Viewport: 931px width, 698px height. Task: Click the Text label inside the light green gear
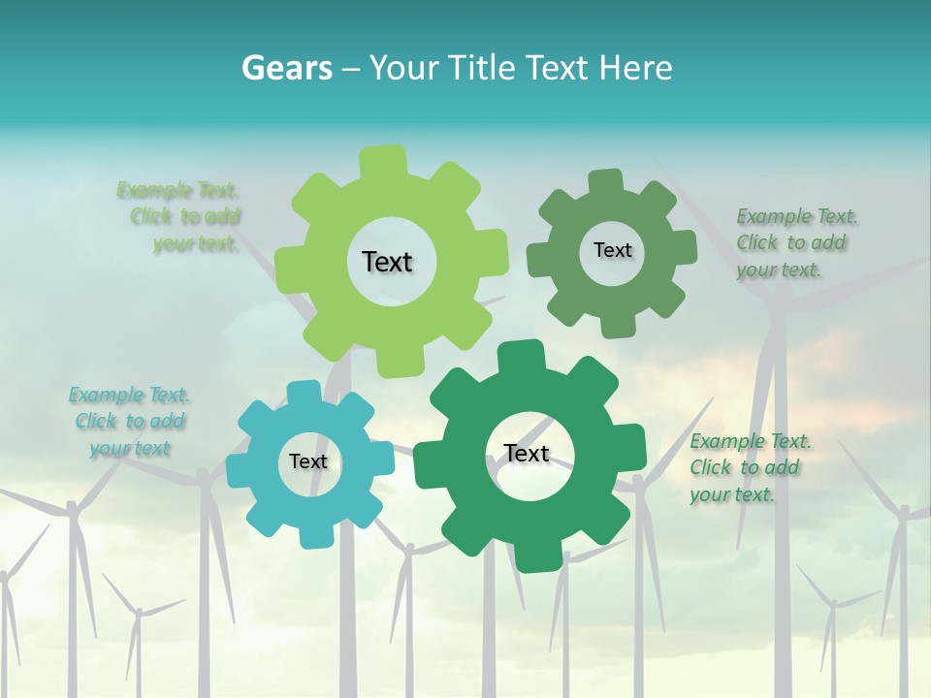[x=387, y=262]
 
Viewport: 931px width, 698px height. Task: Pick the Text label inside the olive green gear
[x=612, y=250]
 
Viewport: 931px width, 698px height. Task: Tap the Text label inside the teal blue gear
[x=307, y=461]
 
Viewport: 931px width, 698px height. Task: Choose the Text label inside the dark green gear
[x=527, y=453]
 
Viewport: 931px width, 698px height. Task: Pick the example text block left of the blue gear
[x=129, y=422]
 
